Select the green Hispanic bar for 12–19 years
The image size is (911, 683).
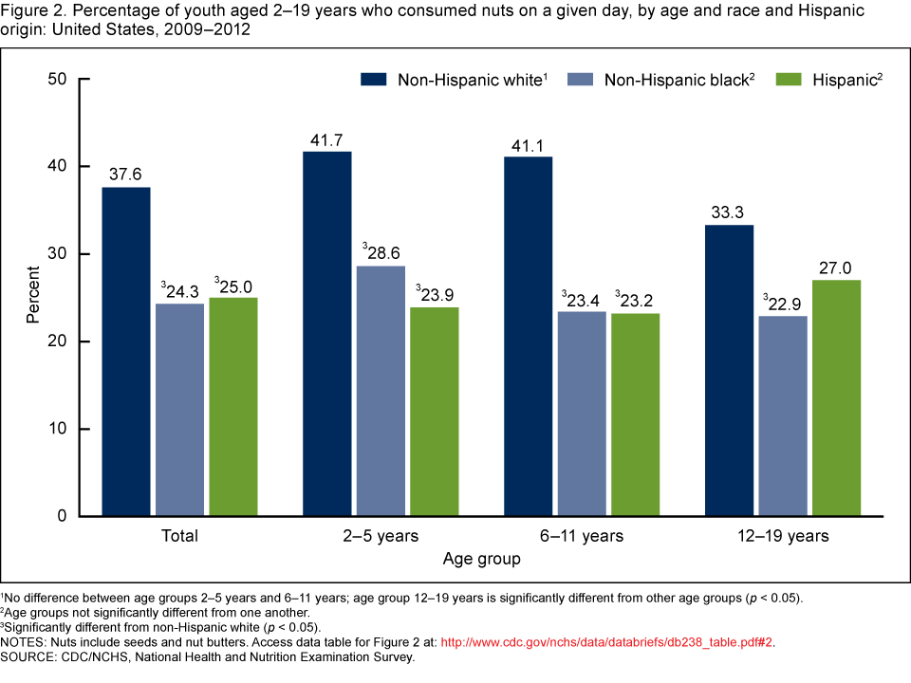[837, 397]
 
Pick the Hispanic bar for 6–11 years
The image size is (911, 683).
[636, 415]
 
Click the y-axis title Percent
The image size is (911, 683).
[32, 297]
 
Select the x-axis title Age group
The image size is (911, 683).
[481, 560]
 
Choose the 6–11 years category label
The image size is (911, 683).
[582, 536]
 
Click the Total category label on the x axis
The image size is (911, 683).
[179, 536]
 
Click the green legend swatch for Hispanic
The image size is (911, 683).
[791, 80]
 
